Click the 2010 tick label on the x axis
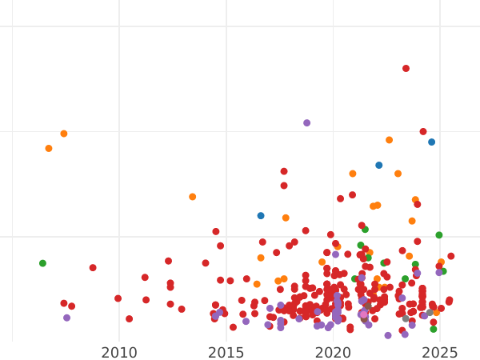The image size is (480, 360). [119, 353]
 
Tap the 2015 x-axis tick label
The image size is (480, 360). [226, 353]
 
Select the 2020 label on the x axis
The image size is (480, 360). [333, 353]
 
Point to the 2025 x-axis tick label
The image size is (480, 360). [439, 353]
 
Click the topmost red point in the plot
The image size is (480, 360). [406, 69]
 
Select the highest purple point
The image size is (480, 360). [306, 123]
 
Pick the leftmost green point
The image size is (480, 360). [42, 263]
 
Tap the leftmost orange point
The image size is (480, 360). [49, 149]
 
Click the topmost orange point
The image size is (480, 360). [64, 134]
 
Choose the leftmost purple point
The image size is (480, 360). [66, 318]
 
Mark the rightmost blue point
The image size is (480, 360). [431, 142]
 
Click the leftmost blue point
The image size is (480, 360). [261, 216]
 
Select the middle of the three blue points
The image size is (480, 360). [378, 166]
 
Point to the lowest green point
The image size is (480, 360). [433, 329]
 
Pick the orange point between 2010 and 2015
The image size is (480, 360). [192, 197]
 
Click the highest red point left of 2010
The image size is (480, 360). [93, 268]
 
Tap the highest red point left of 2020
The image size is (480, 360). [284, 171]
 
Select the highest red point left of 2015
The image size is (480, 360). [216, 232]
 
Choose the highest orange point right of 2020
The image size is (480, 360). [389, 140]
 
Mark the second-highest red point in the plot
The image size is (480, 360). [423, 132]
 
